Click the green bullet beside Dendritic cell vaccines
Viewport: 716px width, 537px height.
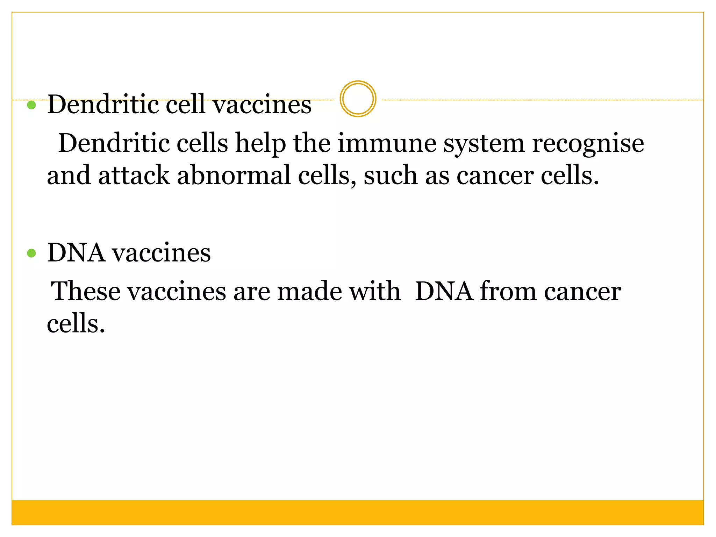pos(31,105)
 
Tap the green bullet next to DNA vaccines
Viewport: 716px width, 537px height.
pos(31,253)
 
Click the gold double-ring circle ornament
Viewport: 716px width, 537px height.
pos(358,99)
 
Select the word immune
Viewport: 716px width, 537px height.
pos(387,143)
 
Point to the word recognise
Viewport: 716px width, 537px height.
pos(588,144)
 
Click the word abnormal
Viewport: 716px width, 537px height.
pos(234,175)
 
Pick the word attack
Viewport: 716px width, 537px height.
pos(134,175)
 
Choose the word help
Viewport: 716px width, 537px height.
pos(260,144)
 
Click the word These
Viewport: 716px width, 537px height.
pos(86,291)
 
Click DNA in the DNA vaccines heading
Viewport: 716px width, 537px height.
pos(76,253)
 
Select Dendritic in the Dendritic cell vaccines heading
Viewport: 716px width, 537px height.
pos(103,105)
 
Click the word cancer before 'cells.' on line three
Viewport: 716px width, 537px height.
pos(495,176)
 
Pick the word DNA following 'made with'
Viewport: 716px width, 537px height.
pos(444,291)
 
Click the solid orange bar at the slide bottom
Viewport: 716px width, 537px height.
pos(358,512)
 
